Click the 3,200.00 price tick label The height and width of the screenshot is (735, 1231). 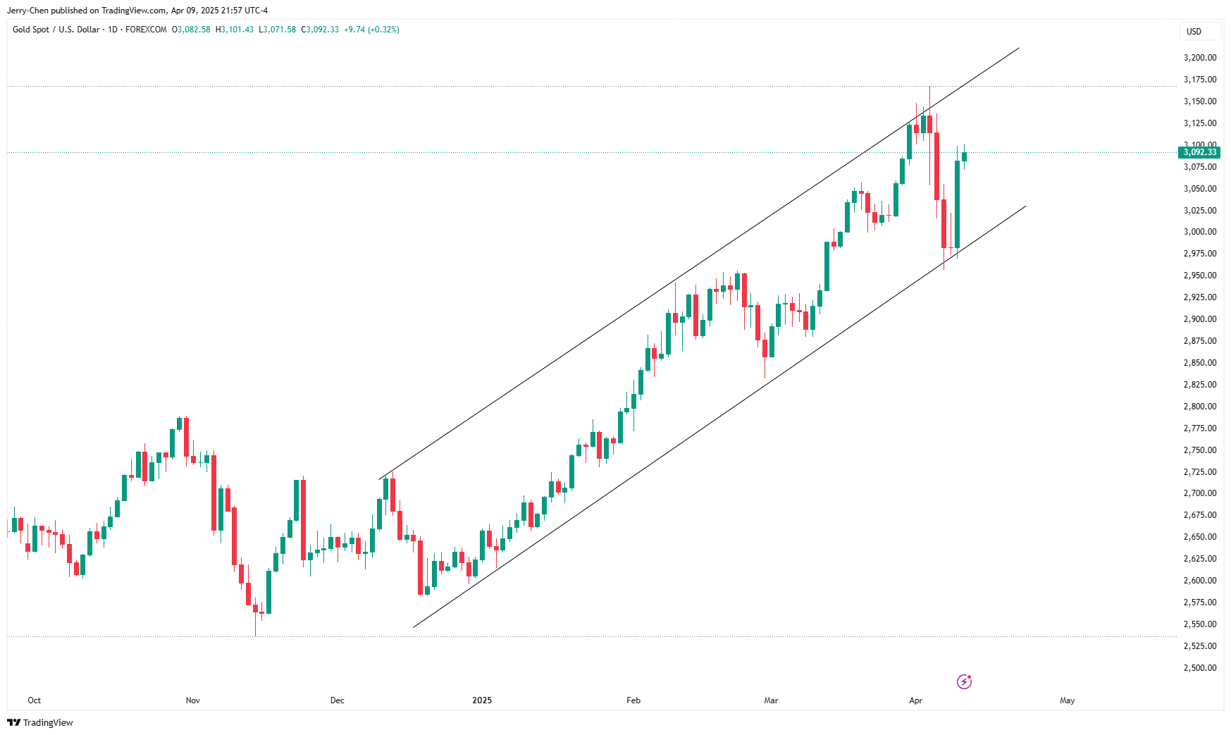point(1199,58)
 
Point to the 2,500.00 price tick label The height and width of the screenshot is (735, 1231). point(1199,668)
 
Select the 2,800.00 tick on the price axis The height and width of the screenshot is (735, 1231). point(1199,407)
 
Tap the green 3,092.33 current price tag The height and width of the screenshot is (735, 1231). point(1199,152)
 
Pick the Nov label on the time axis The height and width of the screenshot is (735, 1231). point(192,700)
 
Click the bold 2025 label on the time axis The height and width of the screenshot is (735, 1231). point(482,700)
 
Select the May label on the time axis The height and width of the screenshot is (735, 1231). point(1067,700)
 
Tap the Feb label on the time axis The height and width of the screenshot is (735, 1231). point(633,700)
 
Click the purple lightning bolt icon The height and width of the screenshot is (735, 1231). point(964,681)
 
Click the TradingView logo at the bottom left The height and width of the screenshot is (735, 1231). point(40,722)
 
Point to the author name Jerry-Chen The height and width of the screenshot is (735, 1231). point(27,11)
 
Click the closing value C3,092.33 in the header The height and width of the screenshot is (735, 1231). point(320,30)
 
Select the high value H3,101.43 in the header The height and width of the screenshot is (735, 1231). point(235,30)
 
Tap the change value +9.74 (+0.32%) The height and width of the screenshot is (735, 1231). point(371,30)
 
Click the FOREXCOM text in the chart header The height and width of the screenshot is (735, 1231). point(146,30)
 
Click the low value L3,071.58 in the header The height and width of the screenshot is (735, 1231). point(278,30)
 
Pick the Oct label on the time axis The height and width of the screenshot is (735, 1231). point(34,700)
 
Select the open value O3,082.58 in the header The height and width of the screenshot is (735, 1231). point(192,30)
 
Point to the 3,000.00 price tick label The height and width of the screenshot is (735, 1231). point(1199,232)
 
